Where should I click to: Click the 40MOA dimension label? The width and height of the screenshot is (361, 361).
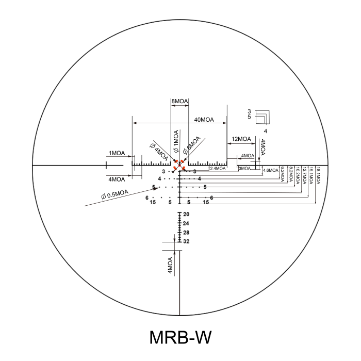[x=204, y=120]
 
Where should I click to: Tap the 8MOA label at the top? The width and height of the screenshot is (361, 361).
[x=180, y=102]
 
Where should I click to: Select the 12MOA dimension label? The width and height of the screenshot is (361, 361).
[x=241, y=139]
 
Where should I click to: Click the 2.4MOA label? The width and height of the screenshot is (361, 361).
[x=218, y=168]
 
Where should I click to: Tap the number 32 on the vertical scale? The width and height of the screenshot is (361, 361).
[x=186, y=241]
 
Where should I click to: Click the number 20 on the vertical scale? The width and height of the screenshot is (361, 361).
[x=186, y=214]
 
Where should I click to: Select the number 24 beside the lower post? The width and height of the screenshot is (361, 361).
[x=186, y=223]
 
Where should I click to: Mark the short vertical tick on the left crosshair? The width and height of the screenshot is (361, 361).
[x=106, y=165]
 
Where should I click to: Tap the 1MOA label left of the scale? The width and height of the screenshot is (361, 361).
[x=116, y=153]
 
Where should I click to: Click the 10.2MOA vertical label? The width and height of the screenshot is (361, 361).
[x=298, y=175]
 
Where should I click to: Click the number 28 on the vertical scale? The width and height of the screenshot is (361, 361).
[x=186, y=233]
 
